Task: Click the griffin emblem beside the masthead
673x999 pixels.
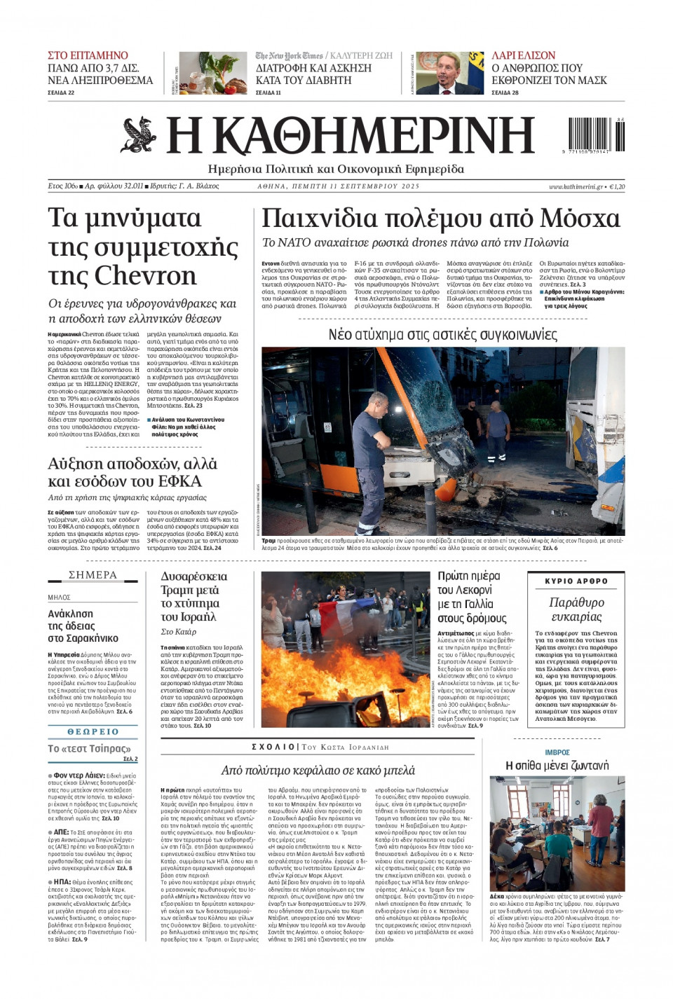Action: (139, 135)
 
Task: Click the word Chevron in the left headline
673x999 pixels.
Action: (146, 275)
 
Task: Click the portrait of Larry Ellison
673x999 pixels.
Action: (449, 73)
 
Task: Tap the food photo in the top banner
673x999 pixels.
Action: (212, 73)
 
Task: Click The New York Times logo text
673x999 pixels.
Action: (289, 55)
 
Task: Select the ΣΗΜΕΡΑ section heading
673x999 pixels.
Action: (93, 575)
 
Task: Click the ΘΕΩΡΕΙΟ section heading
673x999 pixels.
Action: (93, 731)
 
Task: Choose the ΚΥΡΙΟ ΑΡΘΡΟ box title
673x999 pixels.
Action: (576, 581)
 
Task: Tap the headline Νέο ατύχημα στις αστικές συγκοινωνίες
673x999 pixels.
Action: (442, 335)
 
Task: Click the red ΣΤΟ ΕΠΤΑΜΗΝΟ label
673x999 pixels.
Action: (88, 55)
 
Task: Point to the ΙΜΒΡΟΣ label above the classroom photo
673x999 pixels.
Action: (557, 752)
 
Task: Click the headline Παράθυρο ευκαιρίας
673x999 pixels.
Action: (576, 609)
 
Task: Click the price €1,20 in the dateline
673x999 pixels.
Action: (617, 186)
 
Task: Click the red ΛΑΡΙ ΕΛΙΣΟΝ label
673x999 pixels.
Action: (523, 55)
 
